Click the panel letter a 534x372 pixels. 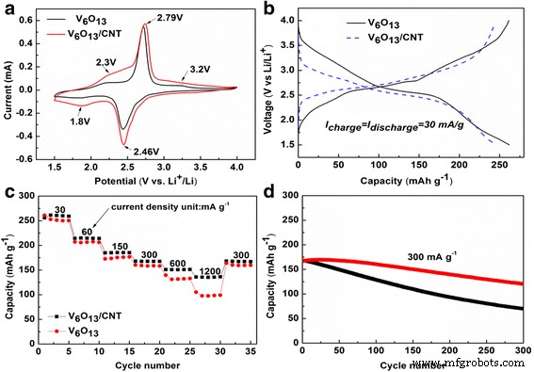pos(8,8)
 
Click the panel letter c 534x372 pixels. pos(8,193)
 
